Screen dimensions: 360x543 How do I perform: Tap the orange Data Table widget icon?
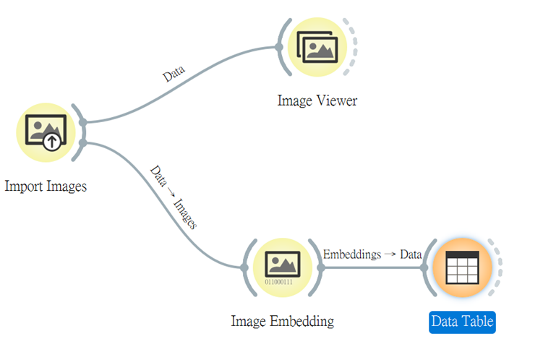pos(462,267)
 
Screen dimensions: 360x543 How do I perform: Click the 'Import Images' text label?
pos(46,186)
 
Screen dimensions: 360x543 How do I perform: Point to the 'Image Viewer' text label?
pos(317,100)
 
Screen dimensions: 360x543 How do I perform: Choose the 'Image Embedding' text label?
pos(283,320)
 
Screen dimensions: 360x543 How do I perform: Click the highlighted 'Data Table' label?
pos(462,321)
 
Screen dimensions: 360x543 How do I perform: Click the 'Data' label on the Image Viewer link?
pos(174,73)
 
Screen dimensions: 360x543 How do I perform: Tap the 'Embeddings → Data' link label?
pos(372,254)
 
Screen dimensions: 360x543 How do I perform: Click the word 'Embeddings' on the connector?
pos(351,254)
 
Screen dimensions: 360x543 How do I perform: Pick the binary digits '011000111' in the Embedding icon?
pos(278,281)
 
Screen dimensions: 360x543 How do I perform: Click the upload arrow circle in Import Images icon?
pos(52,141)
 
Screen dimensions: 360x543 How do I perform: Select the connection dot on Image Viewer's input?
pos(279,48)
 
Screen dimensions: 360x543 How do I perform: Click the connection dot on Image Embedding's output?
pos(321,267)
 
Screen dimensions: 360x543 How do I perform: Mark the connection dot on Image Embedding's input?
pos(244,267)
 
